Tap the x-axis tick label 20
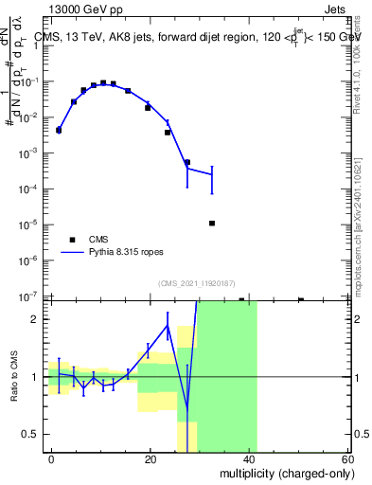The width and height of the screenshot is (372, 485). pyautogui.click(x=151, y=458)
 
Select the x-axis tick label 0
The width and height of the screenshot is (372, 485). pyautogui.click(x=51, y=458)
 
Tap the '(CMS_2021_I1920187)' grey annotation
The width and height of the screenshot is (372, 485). pyautogui.click(x=197, y=282)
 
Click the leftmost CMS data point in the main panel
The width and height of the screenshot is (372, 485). pyautogui.click(x=59, y=130)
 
